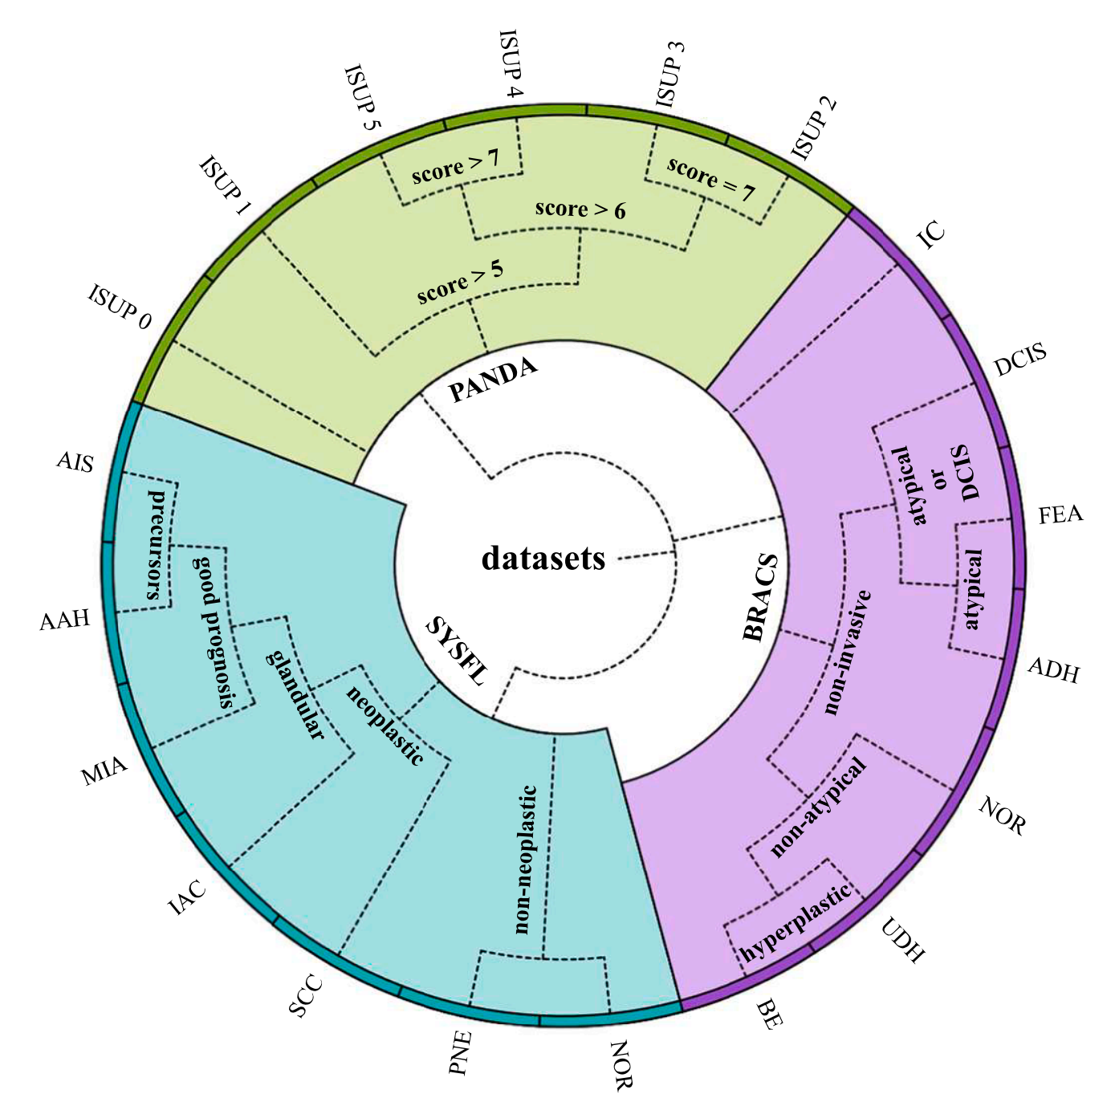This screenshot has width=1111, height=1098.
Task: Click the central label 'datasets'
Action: tap(543, 558)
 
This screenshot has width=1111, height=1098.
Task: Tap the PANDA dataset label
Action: tap(493, 379)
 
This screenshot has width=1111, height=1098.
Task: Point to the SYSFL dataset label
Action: tap(456, 651)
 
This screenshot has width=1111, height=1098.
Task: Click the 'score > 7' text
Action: tap(455, 167)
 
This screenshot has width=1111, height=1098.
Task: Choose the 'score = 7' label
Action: tap(710, 180)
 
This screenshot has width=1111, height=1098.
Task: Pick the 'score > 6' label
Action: tap(580, 209)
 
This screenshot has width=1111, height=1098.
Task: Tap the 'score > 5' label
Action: tap(461, 281)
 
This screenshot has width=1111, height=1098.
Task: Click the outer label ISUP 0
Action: tap(120, 307)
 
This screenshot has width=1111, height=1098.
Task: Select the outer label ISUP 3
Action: tap(670, 73)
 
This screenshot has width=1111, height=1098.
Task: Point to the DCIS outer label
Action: tap(1020, 360)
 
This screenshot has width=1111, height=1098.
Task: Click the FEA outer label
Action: tap(1060, 514)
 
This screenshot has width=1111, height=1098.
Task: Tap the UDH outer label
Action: tap(903, 939)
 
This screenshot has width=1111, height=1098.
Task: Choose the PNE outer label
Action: tap(460, 1052)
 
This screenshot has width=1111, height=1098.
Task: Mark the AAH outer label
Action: tap(65, 620)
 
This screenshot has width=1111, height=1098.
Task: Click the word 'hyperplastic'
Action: tap(796, 923)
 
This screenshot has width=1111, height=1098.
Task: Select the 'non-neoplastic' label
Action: tap(525, 860)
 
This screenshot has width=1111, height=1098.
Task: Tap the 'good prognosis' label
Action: tap(214, 631)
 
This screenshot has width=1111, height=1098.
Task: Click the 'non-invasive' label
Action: tap(848, 652)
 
